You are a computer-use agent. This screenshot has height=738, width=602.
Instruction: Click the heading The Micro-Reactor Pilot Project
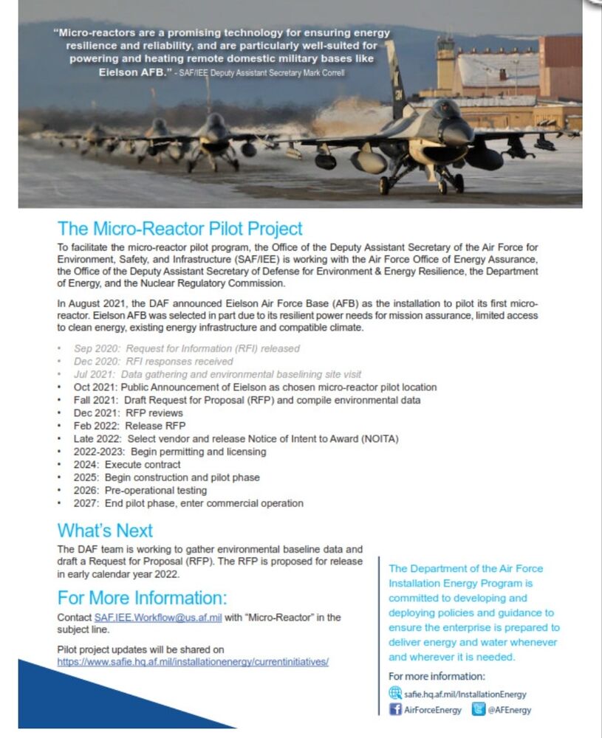(180, 229)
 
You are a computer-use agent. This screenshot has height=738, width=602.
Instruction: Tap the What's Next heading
(105, 531)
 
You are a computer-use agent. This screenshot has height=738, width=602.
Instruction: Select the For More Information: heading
(142, 597)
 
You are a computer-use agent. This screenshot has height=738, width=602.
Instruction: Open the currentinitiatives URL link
(193, 662)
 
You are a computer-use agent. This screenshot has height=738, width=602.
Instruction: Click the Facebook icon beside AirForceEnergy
(395, 709)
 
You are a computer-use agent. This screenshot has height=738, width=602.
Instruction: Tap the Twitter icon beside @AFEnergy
(479, 709)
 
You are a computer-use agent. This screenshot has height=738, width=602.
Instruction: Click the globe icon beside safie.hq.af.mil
(395, 694)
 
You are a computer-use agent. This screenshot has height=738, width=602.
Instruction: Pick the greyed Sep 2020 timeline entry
(186, 348)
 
